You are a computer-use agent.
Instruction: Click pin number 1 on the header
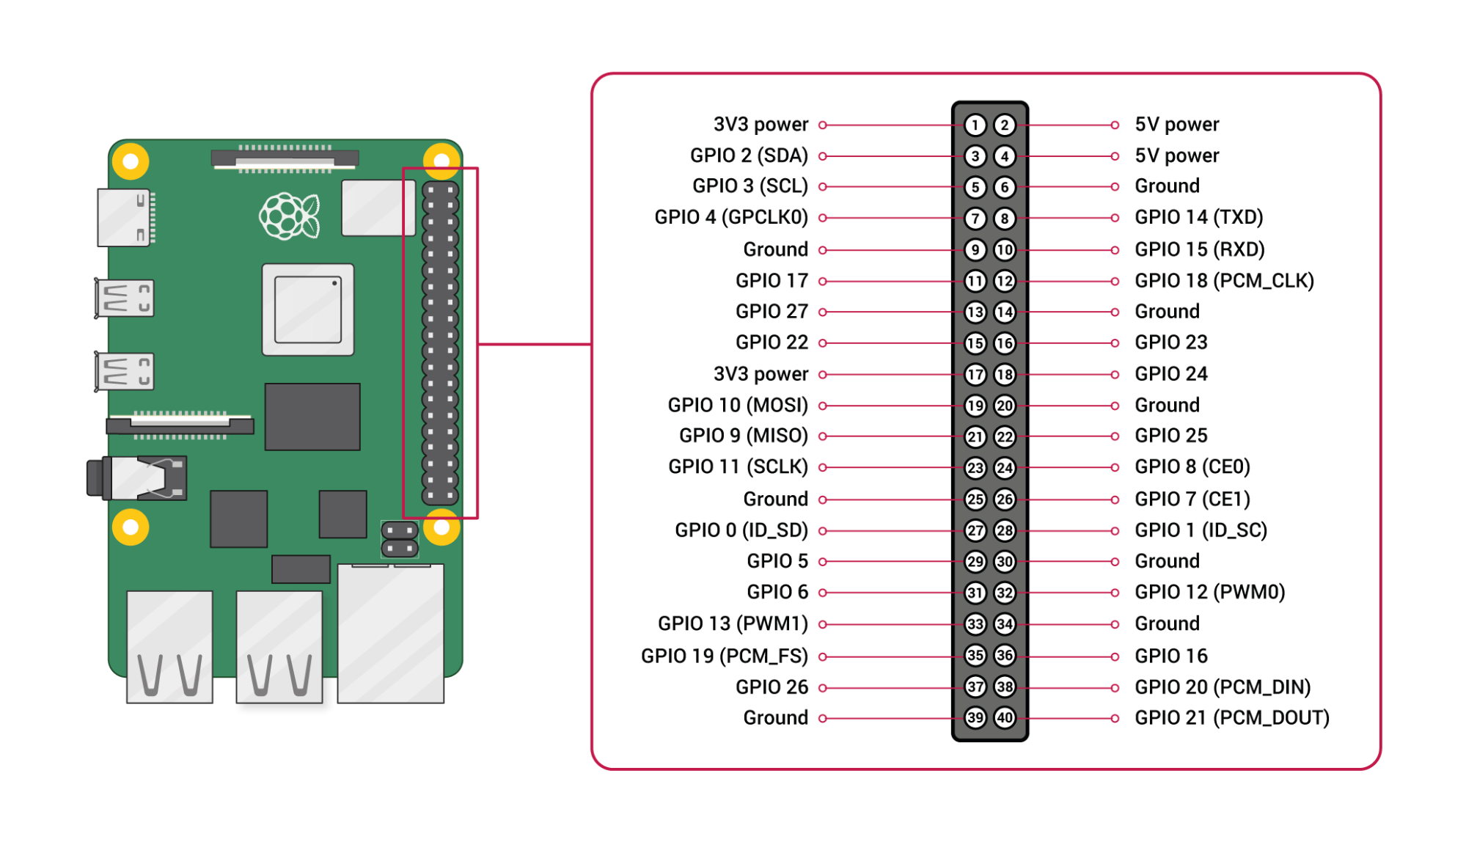point(975,125)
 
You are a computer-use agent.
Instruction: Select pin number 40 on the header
point(1004,717)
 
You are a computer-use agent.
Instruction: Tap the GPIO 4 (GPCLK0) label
point(730,218)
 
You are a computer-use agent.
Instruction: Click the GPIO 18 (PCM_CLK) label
point(1223,281)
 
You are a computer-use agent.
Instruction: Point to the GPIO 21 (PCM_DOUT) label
point(1231,717)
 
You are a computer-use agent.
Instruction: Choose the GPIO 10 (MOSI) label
point(737,406)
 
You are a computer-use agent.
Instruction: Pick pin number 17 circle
point(975,375)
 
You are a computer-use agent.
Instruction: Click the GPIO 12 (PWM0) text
point(1209,592)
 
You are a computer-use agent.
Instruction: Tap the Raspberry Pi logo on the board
point(290,216)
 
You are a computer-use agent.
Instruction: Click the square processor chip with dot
point(308,310)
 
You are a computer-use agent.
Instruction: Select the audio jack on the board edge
point(138,478)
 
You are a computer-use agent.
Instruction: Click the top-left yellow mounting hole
point(131,161)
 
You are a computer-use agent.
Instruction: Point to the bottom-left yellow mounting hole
point(131,527)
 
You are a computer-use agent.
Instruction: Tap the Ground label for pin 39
point(775,717)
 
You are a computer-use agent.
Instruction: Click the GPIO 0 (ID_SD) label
point(741,530)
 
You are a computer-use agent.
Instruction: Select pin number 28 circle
point(1004,530)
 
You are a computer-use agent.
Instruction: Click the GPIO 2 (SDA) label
point(748,156)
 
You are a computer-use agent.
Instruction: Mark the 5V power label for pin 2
point(1176,125)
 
